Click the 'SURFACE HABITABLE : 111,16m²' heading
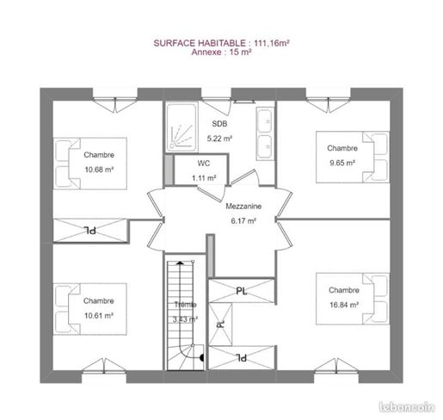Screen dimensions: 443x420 pyautogui.click(x=221, y=43)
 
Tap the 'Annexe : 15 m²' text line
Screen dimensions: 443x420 pyautogui.click(x=221, y=52)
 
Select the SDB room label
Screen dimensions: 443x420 pyautogui.click(x=219, y=124)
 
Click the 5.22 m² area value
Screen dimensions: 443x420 pyautogui.click(x=219, y=139)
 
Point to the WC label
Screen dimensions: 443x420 pyautogui.click(x=204, y=164)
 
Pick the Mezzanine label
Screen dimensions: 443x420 pyautogui.click(x=243, y=206)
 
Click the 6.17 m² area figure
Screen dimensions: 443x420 pyautogui.click(x=243, y=220)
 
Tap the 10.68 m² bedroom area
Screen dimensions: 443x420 pyautogui.click(x=99, y=170)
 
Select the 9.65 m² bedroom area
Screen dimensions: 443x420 pyautogui.click(x=342, y=163)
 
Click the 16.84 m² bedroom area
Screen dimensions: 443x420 pyautogui.click(x=344, y=305)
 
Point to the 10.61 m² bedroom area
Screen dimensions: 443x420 pyautogui.click(x=99, y=316)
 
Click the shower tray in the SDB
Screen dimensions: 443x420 pyautogui.click(x=182, y=127)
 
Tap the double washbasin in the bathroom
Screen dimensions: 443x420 pyautogui.click(x=265, y=133)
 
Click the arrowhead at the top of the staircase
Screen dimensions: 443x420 pyautogui.click(x=180, y=262)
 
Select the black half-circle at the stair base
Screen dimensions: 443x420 pyautogui.click(x=202, y=358)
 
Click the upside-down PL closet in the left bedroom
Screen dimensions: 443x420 pyautogui.click(x=90, y=231)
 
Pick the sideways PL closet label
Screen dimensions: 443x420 pyautogui.click(x=220, y=324)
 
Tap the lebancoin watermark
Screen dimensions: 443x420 pyautogui.click(x=407, y=407)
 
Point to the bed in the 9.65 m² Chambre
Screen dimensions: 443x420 pyautogui.click(x=353, y=157)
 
